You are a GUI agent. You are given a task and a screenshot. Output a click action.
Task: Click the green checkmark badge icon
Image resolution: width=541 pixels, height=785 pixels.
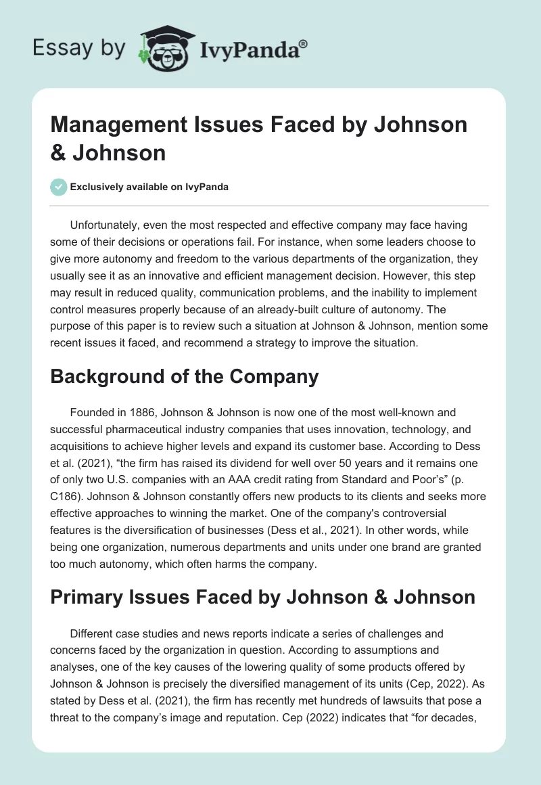tap(58, 187)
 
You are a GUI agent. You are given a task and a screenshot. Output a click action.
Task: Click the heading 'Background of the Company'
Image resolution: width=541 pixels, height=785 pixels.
tap(184, 377)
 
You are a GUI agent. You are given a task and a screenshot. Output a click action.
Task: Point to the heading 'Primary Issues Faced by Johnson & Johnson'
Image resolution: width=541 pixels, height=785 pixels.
tap(262, 597)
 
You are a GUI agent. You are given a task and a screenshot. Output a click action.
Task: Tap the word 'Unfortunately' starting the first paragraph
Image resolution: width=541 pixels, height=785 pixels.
tap(103, 225)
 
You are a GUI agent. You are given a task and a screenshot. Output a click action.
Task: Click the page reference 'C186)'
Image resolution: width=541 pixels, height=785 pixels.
tap(68, 480)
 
